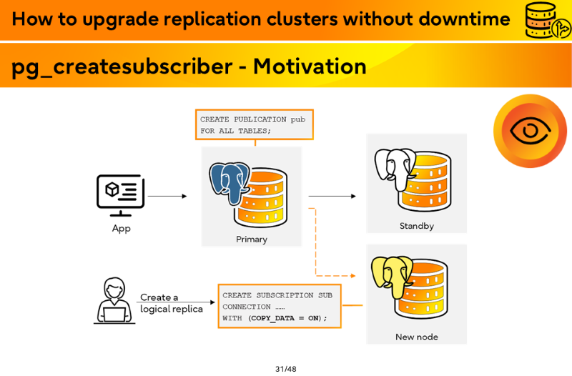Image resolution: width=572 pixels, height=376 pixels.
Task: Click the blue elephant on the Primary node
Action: (x=229, y=182)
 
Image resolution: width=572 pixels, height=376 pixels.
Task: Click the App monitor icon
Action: (x=120, y=195)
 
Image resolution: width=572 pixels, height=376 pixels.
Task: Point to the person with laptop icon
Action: (x=114, y=300)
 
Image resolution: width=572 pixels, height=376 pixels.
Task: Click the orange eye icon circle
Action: (x=530, y=131)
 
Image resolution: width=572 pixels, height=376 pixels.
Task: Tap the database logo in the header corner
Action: (x=548, y=20)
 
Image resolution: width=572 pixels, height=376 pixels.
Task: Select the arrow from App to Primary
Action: (x=167, y=196)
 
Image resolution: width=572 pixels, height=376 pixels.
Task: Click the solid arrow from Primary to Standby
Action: (x=332, y=196)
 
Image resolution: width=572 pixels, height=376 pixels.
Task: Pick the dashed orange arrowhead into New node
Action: (x=353, y=276)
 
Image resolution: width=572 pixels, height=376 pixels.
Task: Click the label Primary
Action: (x=252, y=239)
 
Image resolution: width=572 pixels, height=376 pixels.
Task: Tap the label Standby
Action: (x=417, y=226)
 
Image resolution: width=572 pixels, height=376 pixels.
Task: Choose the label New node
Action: (x=417, y=337)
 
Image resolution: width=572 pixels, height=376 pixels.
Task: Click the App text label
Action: (x=121, y=229)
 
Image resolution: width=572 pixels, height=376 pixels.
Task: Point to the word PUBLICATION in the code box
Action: (x=260, y=119)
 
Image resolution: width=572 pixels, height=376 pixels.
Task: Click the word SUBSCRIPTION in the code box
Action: (x=285, y=295)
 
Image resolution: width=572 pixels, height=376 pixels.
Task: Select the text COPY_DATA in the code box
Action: (x=273, y=318)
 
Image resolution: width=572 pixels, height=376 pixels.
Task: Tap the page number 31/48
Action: (x=286, y=369)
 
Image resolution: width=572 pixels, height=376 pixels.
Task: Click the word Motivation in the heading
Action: (x=310, y=66)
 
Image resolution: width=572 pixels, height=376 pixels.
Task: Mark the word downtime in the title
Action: (x=464, y=19)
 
